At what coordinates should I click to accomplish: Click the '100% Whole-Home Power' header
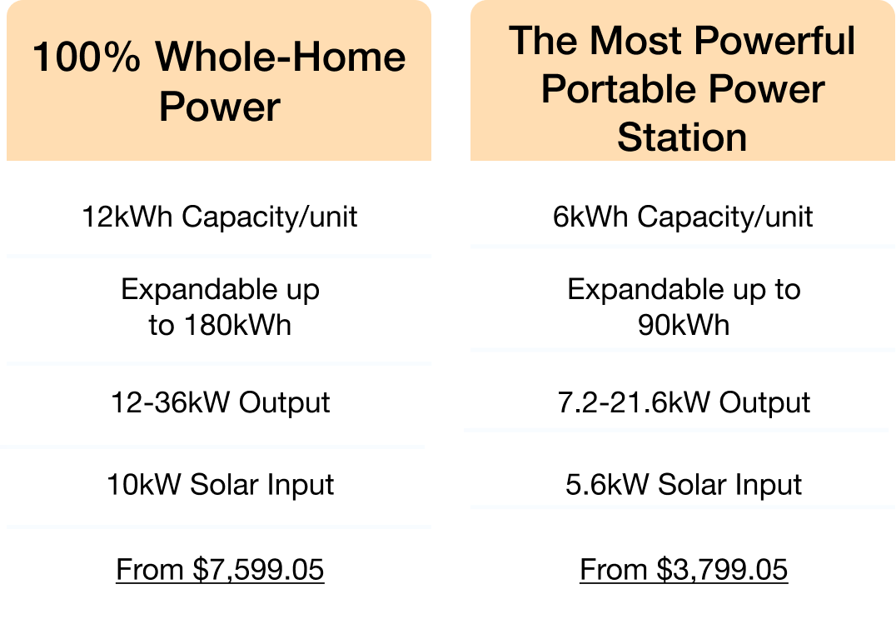click(x=220, y=81)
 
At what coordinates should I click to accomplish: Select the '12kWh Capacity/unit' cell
click(x=220, y=217)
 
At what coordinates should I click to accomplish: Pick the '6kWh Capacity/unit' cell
click(x=682, y=217)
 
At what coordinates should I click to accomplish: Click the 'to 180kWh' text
click(x=220, y=325)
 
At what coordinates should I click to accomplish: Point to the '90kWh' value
click(x=684, y=325)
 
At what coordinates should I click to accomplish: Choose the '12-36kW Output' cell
click(x=220, y=403)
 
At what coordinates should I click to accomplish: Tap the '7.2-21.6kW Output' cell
click(x=684, y=403)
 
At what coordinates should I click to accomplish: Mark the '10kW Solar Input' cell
click(x=220, y=485)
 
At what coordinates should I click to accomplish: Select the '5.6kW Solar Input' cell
click(x=684, y=485)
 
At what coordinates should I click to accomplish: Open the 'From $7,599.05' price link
click(x=220, y=570)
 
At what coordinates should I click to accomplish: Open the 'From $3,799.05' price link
click(x=684, y=570)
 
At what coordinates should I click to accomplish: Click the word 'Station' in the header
click(x=682, y=137)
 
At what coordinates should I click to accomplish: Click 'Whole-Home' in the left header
click(x=281, y=57)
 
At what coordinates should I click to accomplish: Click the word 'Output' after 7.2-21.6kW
click(x=764, y=403)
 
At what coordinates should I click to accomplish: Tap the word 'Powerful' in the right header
click(x=775, y=41)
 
